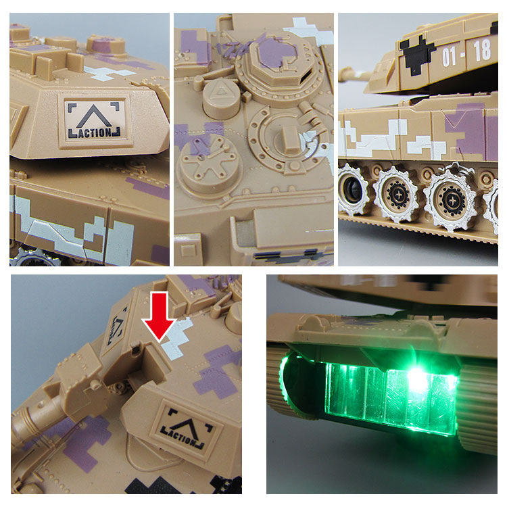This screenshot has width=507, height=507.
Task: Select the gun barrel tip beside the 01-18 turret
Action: tap(348, 76)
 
